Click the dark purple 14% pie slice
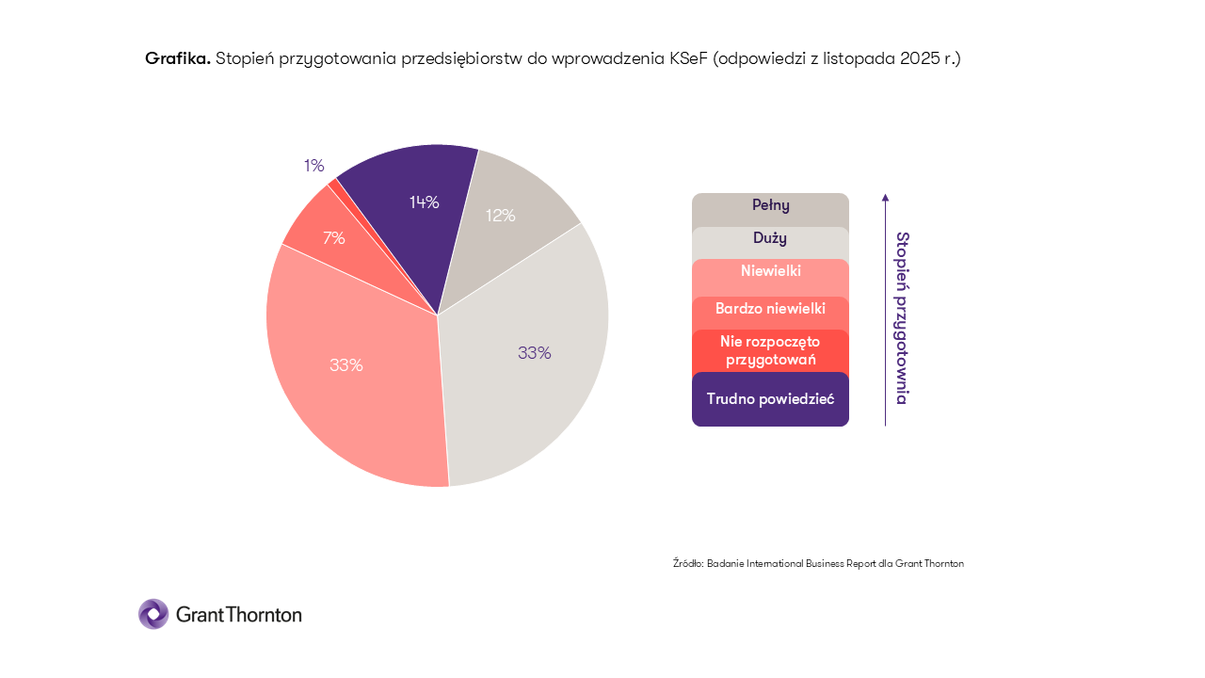414,217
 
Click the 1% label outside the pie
313,166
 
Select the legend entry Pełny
770,205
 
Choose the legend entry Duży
770,238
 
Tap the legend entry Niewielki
770,271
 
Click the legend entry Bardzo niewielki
770,308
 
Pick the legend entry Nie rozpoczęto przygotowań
770,350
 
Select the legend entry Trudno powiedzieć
770,399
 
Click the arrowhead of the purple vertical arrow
885,197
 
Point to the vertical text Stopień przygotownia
902,318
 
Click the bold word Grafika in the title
177,58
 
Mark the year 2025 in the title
919,58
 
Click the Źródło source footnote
818,563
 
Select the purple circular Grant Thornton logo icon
153,614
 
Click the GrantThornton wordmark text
238,615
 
